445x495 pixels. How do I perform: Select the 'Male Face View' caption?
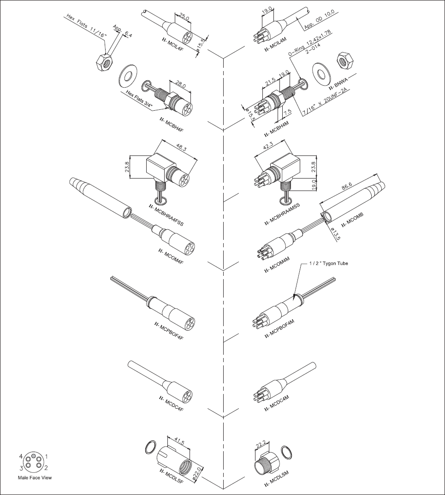coord(35,478)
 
